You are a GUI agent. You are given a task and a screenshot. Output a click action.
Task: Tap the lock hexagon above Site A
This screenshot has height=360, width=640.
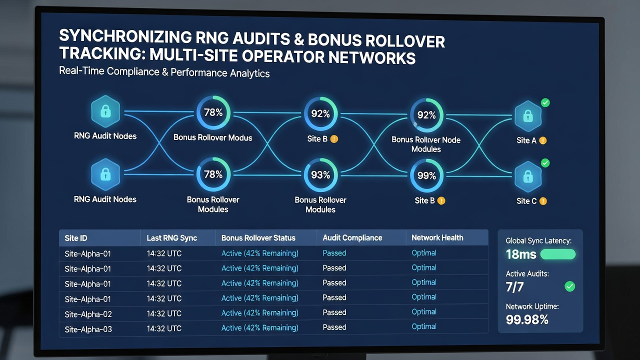(528, 116)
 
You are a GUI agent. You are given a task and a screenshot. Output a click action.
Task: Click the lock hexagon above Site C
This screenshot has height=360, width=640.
(528, 177)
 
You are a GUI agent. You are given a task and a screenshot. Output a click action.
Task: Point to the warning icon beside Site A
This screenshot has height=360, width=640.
(542, 140)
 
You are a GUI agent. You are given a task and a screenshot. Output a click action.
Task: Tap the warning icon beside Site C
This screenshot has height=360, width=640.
(543, 201)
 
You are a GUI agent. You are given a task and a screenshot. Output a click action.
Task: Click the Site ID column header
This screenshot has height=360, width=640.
(75, 238)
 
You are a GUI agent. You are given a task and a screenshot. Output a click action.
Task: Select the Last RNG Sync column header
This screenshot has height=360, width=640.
(171, 238)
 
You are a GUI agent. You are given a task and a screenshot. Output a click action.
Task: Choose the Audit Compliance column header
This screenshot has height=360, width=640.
(352, 237)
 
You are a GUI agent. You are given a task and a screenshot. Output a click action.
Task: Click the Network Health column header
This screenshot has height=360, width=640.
(437, 237)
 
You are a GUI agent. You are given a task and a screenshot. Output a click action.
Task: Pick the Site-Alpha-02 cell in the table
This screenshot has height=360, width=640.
(88, 314)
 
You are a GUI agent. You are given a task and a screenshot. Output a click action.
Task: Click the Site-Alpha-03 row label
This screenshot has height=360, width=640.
(88, 329)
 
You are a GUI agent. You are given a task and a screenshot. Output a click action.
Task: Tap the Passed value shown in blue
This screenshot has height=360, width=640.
(334, 253)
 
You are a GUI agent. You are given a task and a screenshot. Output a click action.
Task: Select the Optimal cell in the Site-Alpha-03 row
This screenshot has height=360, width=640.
(423, 326)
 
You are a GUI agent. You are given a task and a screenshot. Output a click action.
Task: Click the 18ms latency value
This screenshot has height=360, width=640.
(521, 254)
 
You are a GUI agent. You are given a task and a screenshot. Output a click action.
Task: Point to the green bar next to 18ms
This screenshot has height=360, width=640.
(557, 254)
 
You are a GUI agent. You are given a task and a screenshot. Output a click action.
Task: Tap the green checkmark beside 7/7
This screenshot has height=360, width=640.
(569, 286)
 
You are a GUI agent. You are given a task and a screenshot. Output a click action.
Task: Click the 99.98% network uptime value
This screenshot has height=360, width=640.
(527, 319)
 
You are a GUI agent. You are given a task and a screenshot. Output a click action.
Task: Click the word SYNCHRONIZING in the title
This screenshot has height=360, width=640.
(125, 37)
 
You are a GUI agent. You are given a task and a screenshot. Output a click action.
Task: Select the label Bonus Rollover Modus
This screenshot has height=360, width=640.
(213, 137)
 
